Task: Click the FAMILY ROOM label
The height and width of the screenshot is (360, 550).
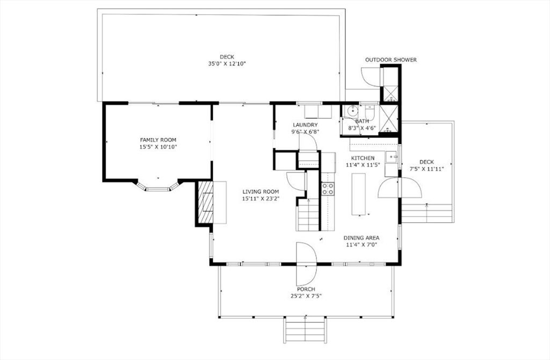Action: (x=158, y=140)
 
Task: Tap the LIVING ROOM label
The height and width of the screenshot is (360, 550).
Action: (x=260, y=192)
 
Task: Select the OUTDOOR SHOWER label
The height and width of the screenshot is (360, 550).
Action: (x=391, y=60)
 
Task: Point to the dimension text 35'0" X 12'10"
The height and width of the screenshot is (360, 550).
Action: (x=227, y=64)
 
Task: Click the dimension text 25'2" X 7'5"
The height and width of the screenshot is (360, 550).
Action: (x=306, y=296)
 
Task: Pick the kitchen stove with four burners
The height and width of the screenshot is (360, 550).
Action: (x=328, y=189)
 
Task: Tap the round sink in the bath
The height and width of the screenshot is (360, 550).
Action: (x=351, y=111)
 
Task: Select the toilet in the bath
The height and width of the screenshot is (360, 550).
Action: (x=370, y=112)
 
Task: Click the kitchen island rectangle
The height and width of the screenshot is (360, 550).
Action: (x=358, y=194)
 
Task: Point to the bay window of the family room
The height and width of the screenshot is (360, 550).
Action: (x=158, y=187)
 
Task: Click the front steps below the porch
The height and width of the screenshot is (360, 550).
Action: (x=305, y=330)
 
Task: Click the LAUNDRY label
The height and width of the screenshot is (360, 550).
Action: (x=305, y=125)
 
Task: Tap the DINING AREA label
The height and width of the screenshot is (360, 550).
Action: (x=361, y=238)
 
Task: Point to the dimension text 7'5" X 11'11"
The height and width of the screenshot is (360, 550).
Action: (x=426, y=169)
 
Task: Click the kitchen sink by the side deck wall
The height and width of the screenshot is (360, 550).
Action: (x=392, y=157)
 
